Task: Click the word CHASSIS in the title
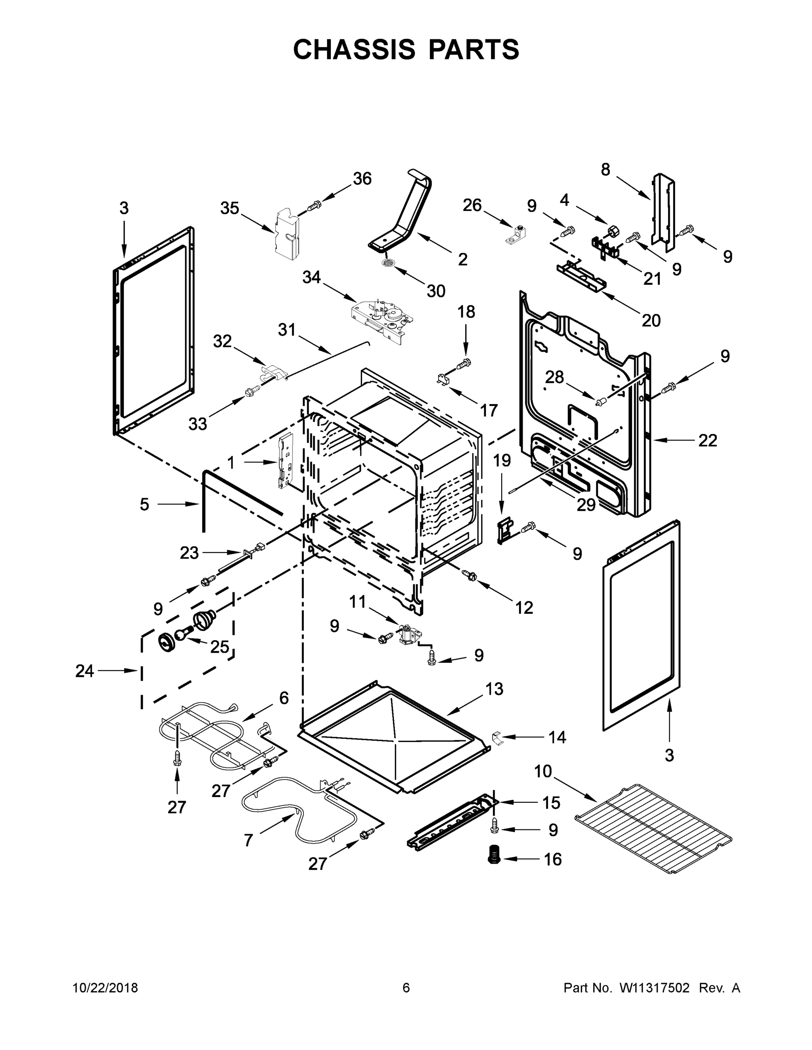tap(354, 49)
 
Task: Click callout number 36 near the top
tap(362, 179)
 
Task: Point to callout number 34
tap(311, 277)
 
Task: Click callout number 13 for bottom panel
tap(494, 689)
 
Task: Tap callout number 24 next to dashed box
tap(84, 671)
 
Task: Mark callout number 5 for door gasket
tap(144, 504)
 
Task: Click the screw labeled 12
tap(468, 574)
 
